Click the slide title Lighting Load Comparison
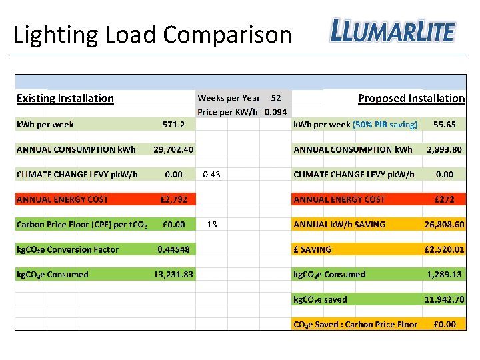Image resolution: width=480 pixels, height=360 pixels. pyautogui.click(x=153, y=34)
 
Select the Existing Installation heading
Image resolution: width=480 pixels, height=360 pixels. pyautogui.click(x=65, y=99)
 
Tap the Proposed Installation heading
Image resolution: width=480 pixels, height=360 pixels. pyautogui.click(x=411, y=99)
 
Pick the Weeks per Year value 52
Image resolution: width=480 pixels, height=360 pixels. pyautogui.click(x=275, y=98)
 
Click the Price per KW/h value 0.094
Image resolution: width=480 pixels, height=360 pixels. pyautogui.click(x=275, y=111)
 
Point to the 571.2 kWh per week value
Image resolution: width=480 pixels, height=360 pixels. pyautogui.click(x=174, y=124)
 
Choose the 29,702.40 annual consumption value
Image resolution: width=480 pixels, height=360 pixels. pyautogui.click(x=173, y=149)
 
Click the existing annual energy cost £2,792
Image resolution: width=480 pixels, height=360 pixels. pyautogui.click(x=173, y=199)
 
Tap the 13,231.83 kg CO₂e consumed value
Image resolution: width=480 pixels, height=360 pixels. pyautogui.click(x=173, y=274)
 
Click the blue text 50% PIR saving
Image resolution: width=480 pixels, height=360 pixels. pyautogui.click(x=385, y=124)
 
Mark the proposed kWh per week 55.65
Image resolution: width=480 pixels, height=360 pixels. pyautogui.click(x=444, y=124)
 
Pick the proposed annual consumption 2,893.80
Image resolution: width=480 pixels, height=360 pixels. pyautogui.click(x=444, y=149)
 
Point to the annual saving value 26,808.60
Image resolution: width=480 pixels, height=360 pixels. pyautogui.click(x=444, y=225)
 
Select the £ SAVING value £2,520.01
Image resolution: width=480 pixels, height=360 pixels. pyautogui.click(x=444, y=249)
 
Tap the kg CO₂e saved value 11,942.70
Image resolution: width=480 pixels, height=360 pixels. pyautogui.click(x=444, y=299)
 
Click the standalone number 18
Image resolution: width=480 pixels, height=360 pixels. pyautogui.click(x=212, y=225)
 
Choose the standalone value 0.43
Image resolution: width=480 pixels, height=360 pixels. pyautogui.click(x=211, y=175)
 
